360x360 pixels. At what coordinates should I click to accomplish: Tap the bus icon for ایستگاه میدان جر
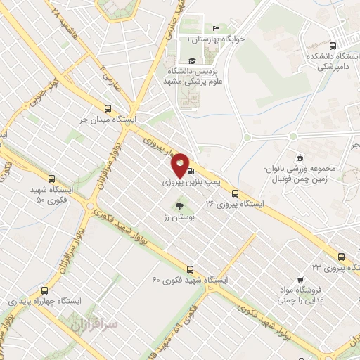pos(108,108)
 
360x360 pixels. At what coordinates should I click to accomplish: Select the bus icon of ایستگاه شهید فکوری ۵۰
pos(51,179)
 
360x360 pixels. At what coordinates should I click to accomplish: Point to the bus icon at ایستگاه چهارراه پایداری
pos(45,290)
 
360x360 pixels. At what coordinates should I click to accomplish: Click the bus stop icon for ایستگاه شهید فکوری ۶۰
pos(190,269)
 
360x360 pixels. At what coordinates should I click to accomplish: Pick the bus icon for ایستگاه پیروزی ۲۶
pos(235,193)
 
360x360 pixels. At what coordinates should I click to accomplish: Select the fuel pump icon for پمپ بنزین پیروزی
pos(191,171)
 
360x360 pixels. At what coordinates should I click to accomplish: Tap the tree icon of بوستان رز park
pos(179,206)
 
